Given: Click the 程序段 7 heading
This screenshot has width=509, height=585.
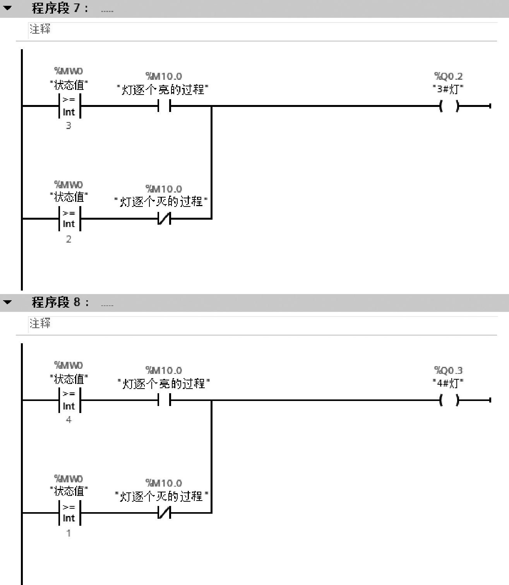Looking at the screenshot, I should click(x=60, y=8).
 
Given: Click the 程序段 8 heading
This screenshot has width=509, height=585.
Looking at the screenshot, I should click(x=60, y=302).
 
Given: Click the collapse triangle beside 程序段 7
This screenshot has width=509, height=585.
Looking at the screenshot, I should click(x=7, y=8).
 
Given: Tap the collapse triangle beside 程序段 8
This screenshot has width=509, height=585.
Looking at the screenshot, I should click(x=7, y=302).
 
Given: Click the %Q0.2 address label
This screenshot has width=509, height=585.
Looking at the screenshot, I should click(x=448, y=76).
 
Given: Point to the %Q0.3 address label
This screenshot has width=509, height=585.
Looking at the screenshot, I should click(x=448, y=370).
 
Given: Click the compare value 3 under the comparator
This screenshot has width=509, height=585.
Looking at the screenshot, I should click(x=69, y=126).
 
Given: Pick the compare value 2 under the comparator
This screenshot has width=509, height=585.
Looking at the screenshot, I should click(x=69, y=239).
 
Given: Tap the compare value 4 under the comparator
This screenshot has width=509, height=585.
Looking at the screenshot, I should click(x=69, y=420).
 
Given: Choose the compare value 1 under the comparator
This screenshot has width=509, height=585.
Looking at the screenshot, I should click(x=69, y=533).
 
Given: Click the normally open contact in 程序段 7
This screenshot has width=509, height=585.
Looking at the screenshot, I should click(x=164, y=106).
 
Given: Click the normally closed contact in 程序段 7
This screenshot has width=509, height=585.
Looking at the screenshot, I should click(x=164, y=219).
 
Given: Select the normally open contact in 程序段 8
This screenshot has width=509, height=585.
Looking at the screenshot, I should click(x=164, y=400).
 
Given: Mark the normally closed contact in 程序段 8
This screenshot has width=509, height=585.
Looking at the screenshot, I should click(x=164, y=513).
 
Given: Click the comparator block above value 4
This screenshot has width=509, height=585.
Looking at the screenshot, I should click(x=69, y=400).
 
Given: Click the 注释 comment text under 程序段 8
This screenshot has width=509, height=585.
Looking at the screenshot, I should click(x=40, y=323).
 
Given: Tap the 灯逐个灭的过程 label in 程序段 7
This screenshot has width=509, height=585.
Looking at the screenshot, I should click(x=161, y=201).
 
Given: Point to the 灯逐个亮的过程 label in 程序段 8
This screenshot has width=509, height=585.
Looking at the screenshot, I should click(x=163, y=384).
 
